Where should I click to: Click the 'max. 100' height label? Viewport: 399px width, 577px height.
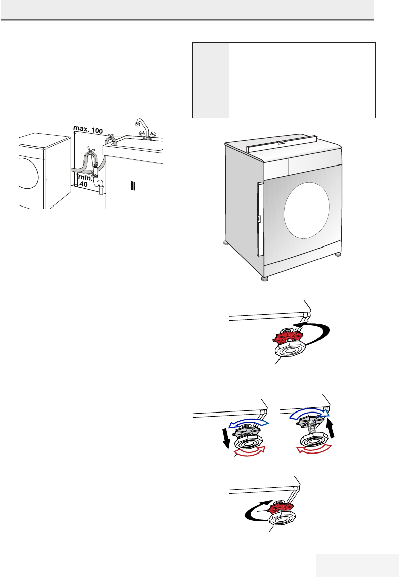[x=89, y=131]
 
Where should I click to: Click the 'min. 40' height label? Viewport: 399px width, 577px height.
[x=85, y=180]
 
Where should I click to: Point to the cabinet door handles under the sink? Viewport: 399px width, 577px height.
[x=133, y=185]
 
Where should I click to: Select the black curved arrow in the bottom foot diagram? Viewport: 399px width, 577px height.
[x=252, y=513]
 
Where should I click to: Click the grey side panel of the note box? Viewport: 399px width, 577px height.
[x=211, y=80]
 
